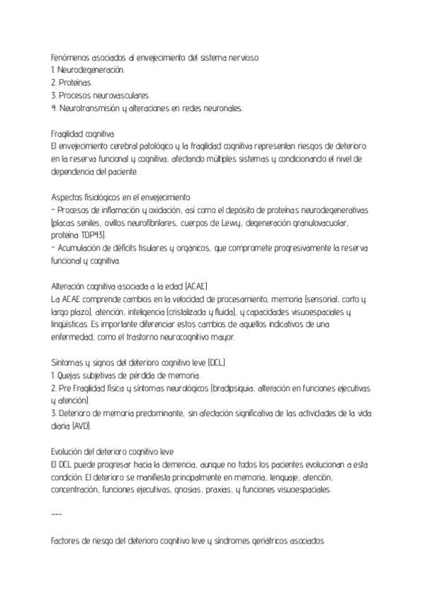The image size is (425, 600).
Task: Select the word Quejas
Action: [x=72, y=376]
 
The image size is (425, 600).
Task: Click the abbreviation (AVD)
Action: [x=81, y=427]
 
